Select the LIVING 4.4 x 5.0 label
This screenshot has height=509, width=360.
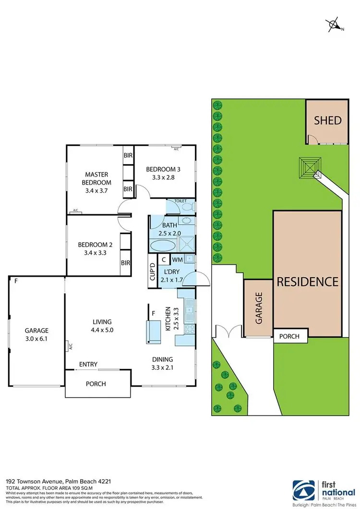[x=103, y=325]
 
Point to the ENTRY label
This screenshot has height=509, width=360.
[x=88, y=365]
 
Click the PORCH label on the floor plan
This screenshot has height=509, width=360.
[x=96, y=384]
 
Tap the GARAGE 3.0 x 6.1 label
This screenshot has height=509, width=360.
[x=37, y=334]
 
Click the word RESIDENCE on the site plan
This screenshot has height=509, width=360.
[x=308, y=281]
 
